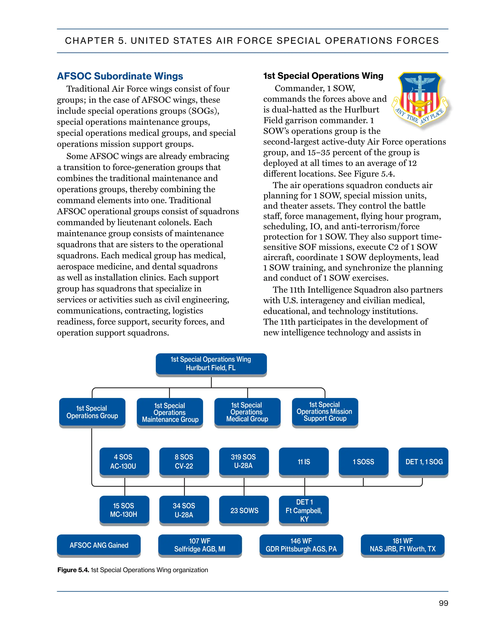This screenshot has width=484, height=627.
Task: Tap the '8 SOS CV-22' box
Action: [184, 461]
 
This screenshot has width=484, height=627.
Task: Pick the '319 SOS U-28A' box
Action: [244, 461]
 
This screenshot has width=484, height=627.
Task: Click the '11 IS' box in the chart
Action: [304, 461]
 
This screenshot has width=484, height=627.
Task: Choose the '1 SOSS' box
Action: [363, 461]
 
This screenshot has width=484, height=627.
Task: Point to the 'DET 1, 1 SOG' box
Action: [423, 461]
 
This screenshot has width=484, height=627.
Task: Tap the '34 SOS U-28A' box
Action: [184, 510]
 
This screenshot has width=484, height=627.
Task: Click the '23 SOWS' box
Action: [244, 510]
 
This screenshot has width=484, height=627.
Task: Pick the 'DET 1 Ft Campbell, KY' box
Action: [304, 510]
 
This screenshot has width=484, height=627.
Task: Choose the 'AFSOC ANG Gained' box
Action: [99, 545]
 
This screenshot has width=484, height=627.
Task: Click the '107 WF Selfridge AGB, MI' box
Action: [200, 545]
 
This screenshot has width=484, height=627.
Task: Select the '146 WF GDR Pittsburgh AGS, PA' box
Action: [301, 545]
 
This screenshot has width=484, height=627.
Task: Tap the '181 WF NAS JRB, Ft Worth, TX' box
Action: [402, 545]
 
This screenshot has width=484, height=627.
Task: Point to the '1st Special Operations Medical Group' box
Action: [247, 412]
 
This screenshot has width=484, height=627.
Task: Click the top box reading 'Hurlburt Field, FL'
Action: [211, 363]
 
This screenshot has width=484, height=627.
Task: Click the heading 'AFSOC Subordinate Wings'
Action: [120, 76]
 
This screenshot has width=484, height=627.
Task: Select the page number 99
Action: [443, 603]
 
